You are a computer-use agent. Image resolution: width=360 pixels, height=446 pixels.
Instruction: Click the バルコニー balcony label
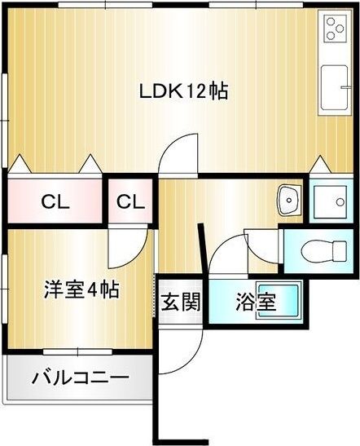tap(80, 378)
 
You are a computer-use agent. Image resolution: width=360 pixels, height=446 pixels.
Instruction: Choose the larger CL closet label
tap(55, 201)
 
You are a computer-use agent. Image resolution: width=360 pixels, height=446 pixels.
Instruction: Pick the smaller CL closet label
tap(130, 201)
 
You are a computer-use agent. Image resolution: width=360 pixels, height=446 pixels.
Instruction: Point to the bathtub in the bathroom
tap(277, 302)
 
